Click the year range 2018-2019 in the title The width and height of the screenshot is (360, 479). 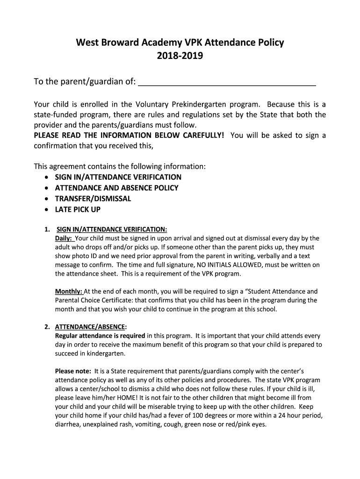[x=180, y=57]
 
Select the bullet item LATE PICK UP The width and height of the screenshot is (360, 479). [x=78, y=210]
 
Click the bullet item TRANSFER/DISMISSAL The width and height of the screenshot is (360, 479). [x=93, y=199]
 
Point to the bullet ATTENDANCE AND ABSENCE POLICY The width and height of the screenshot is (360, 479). [x=116, y=188]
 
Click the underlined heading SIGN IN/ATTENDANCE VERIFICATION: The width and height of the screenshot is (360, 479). [x=112, y=229]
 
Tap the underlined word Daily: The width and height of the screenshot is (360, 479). [x=64, y=238]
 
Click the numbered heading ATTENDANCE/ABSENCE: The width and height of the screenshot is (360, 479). [x=91, y=327]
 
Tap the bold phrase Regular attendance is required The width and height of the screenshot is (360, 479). [x=100, y=336]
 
